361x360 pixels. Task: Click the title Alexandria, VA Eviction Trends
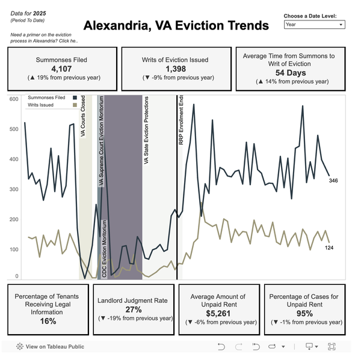(176, 26)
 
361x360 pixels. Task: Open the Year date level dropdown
(314, 25)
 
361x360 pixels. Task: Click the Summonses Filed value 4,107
(61, 69)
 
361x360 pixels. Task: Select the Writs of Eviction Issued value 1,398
(176, 69)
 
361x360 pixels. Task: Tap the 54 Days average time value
(289, 73)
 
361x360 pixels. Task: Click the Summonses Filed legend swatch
(75, 97)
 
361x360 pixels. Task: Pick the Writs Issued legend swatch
(75, 105)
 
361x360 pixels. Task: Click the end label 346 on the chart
(334, 180)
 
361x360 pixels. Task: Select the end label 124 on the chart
(330, 248)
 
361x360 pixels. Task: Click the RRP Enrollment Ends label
(181, 120)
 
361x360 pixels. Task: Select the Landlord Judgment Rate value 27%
(134, 310)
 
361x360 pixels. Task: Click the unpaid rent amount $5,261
(218, 313)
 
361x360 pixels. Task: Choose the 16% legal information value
(48, 321)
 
